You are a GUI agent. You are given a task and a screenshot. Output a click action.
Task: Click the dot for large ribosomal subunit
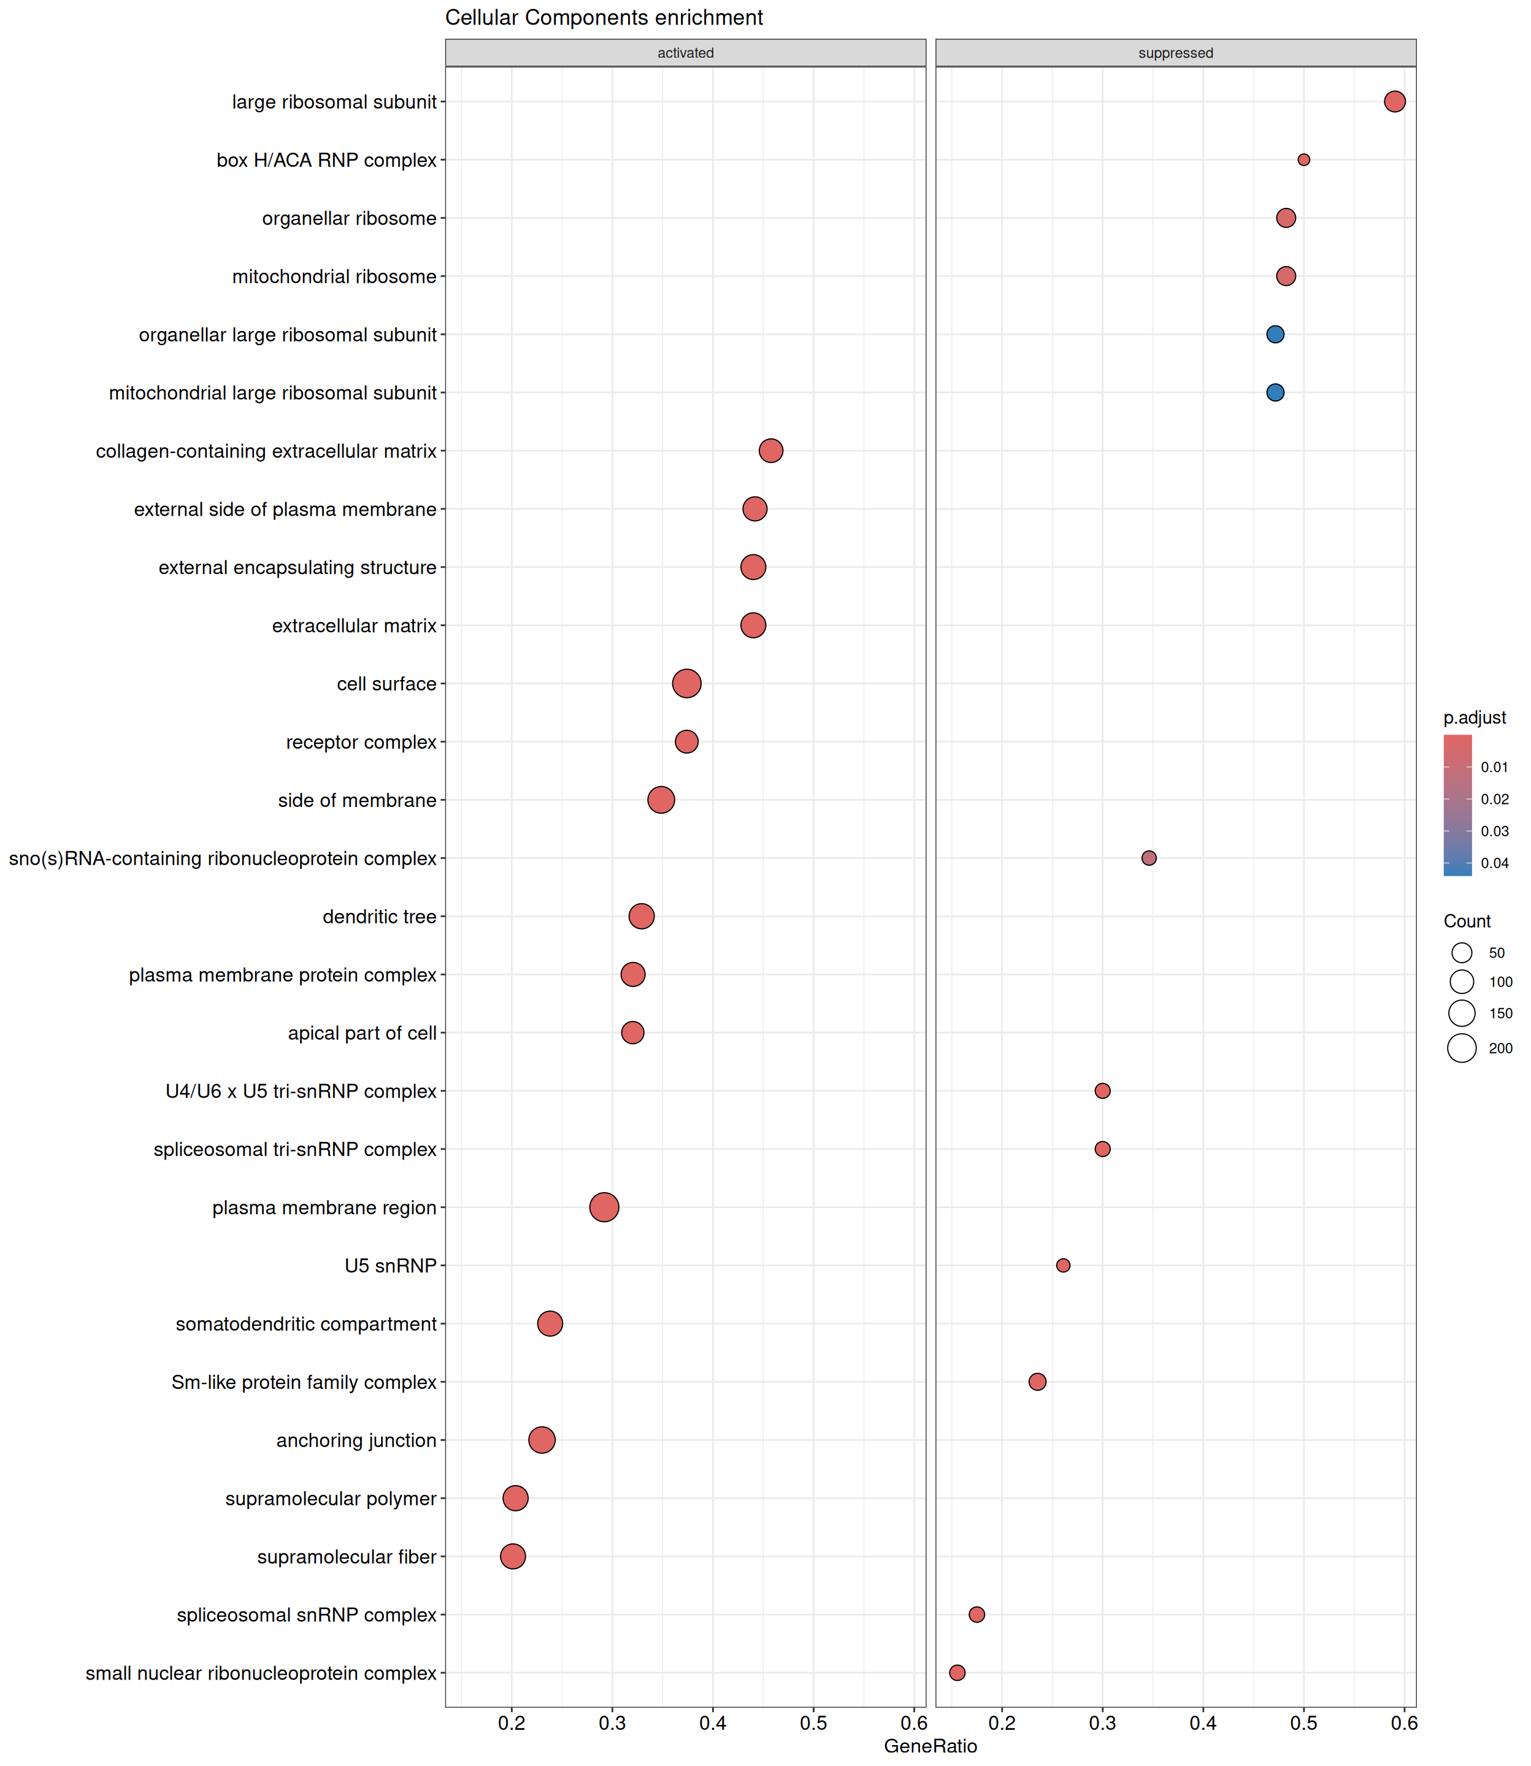pyautogui.click(x=1394, y=102)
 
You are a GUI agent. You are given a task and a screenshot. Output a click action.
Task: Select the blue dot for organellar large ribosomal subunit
pyautogui.click(x=1275, y=335)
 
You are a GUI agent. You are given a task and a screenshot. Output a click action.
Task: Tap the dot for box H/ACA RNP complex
pyautogui.click(x=1304, y=159)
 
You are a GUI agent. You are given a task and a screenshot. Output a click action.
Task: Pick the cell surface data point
pyautogui.click(x=687, y=683)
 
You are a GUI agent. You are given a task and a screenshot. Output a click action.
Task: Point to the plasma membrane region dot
pyautogui.click(x=604, y=1207)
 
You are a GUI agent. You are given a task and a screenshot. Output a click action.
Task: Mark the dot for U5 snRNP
pyautogui.click(x=1063, y=1266)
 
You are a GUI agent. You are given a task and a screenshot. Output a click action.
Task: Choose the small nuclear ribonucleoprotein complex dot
pyautogui.click(x=957, y=1673)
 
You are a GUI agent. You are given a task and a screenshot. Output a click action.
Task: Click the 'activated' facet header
pyautogui.click(x=685, y=53)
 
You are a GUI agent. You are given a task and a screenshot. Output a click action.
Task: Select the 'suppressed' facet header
pyautogui.click(x=1176, y=53)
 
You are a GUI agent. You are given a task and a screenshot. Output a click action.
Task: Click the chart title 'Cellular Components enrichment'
pyautogui.click(x=604, y=18)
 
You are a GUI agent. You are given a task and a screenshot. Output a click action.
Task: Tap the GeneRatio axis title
pyautogui.click(x=930, y=1746)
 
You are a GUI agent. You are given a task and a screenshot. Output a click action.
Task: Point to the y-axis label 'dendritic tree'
pyautogui.click(x=379, y=916)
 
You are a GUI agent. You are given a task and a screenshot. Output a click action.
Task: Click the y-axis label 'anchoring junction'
pyautogui.click(x=356, y=1440)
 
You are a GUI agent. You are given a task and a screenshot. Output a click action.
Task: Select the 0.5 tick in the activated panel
pyautogui.click(x=813, y=1723)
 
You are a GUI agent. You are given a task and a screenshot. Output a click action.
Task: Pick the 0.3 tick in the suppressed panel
pyautogui.click(x=1102, y=1723)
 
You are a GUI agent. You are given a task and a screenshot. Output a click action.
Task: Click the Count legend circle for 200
pyautogui.click(x=1462, y=1048)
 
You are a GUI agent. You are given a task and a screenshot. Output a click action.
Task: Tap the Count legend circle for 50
pyautogui.click(x=1462, y=953)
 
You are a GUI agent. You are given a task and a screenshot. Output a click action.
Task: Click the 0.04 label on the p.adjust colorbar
pyautogui.click(x=1495, y=863)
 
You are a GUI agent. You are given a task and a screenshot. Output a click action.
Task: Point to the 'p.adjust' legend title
pyautogui.click(x=1475, y=717)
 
